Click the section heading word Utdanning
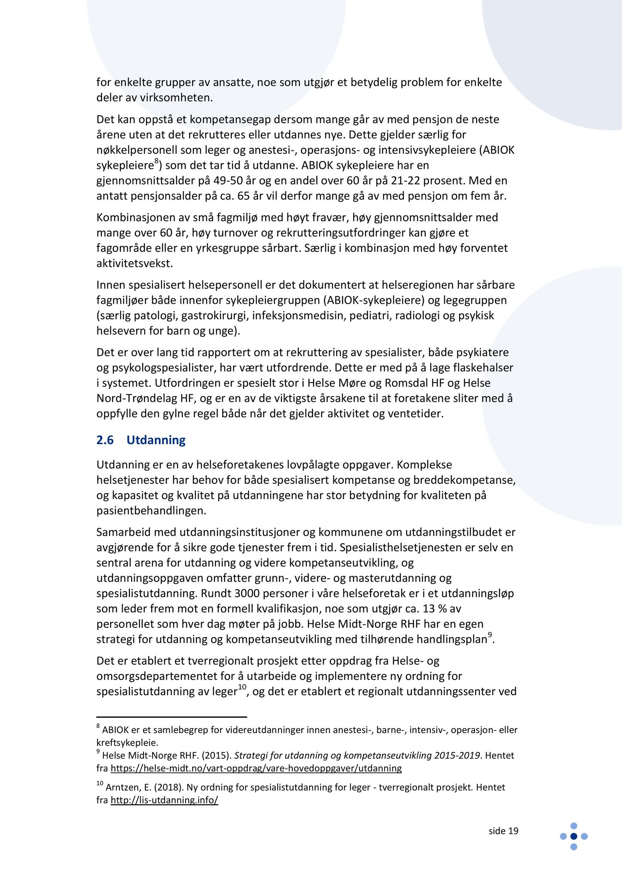156,440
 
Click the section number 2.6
105,440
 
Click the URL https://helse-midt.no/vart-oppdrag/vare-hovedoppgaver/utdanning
256,768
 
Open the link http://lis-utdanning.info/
165,800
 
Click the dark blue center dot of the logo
573,836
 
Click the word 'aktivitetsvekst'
134,263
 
